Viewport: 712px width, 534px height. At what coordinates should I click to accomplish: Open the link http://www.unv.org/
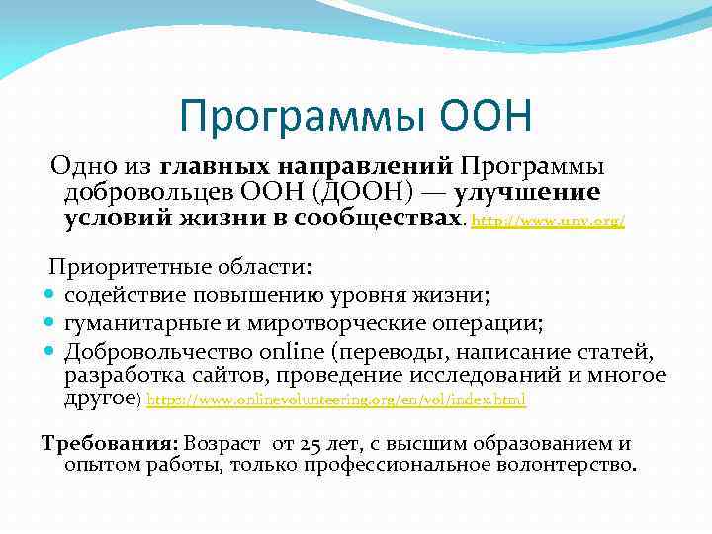point(549,223)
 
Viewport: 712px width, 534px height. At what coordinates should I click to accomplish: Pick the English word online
point(291,351)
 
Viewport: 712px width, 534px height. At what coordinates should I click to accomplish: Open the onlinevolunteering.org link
point(336,400)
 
